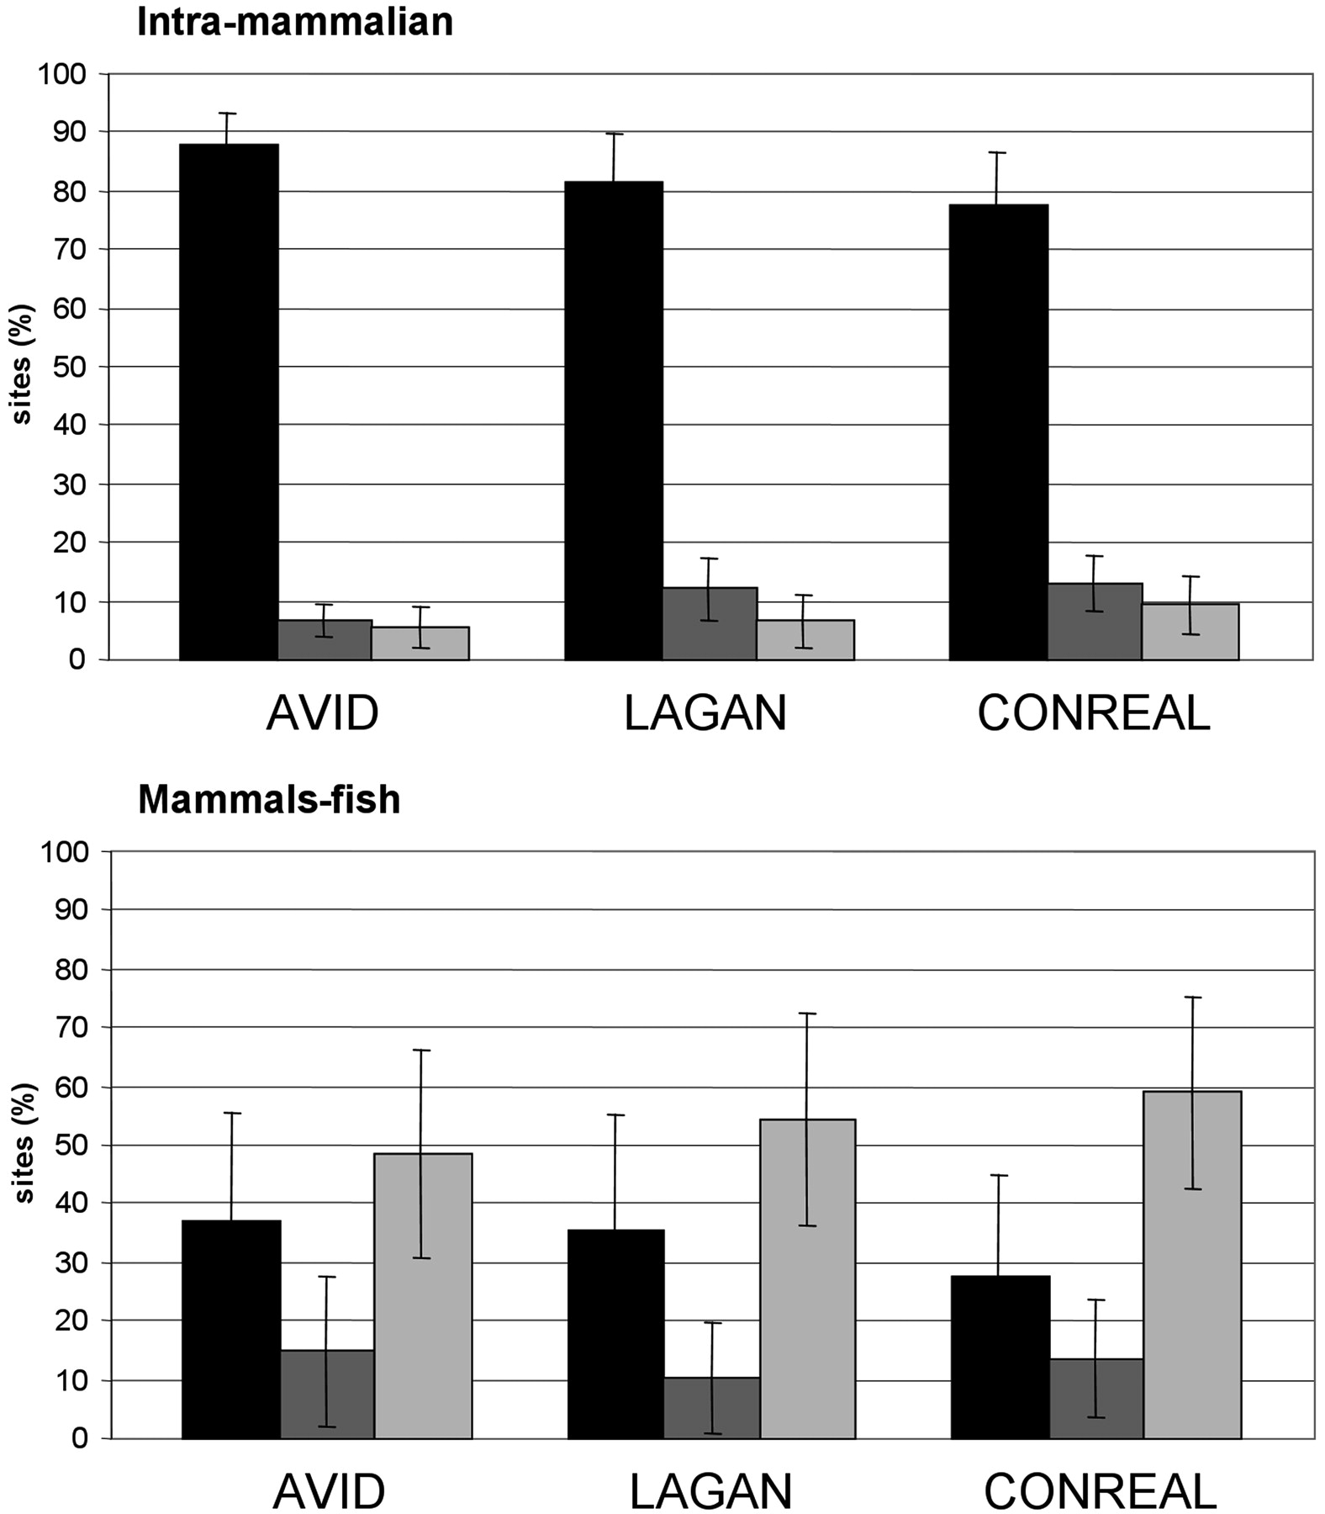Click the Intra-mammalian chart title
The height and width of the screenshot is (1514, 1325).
(295, 22)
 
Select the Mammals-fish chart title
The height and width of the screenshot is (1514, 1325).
(269, 799)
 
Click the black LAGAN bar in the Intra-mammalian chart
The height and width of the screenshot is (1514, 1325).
(614, 421)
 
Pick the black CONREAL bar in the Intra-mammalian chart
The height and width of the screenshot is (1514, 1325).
(998, 432)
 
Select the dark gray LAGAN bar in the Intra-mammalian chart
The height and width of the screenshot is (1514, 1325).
(710, 624)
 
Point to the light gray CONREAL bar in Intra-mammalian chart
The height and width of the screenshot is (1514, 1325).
(1190, 632)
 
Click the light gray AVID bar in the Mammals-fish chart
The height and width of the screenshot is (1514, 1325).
(423, 1295)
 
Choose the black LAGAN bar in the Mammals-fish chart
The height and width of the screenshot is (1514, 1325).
(615, 1334)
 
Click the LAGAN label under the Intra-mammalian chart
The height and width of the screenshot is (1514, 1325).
(705, 714)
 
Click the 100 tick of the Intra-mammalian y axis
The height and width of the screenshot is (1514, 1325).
(62, 74)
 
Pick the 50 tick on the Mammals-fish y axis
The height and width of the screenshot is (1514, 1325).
(69, 1146)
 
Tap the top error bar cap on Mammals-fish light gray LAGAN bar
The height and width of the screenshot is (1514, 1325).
(806, 1014)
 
